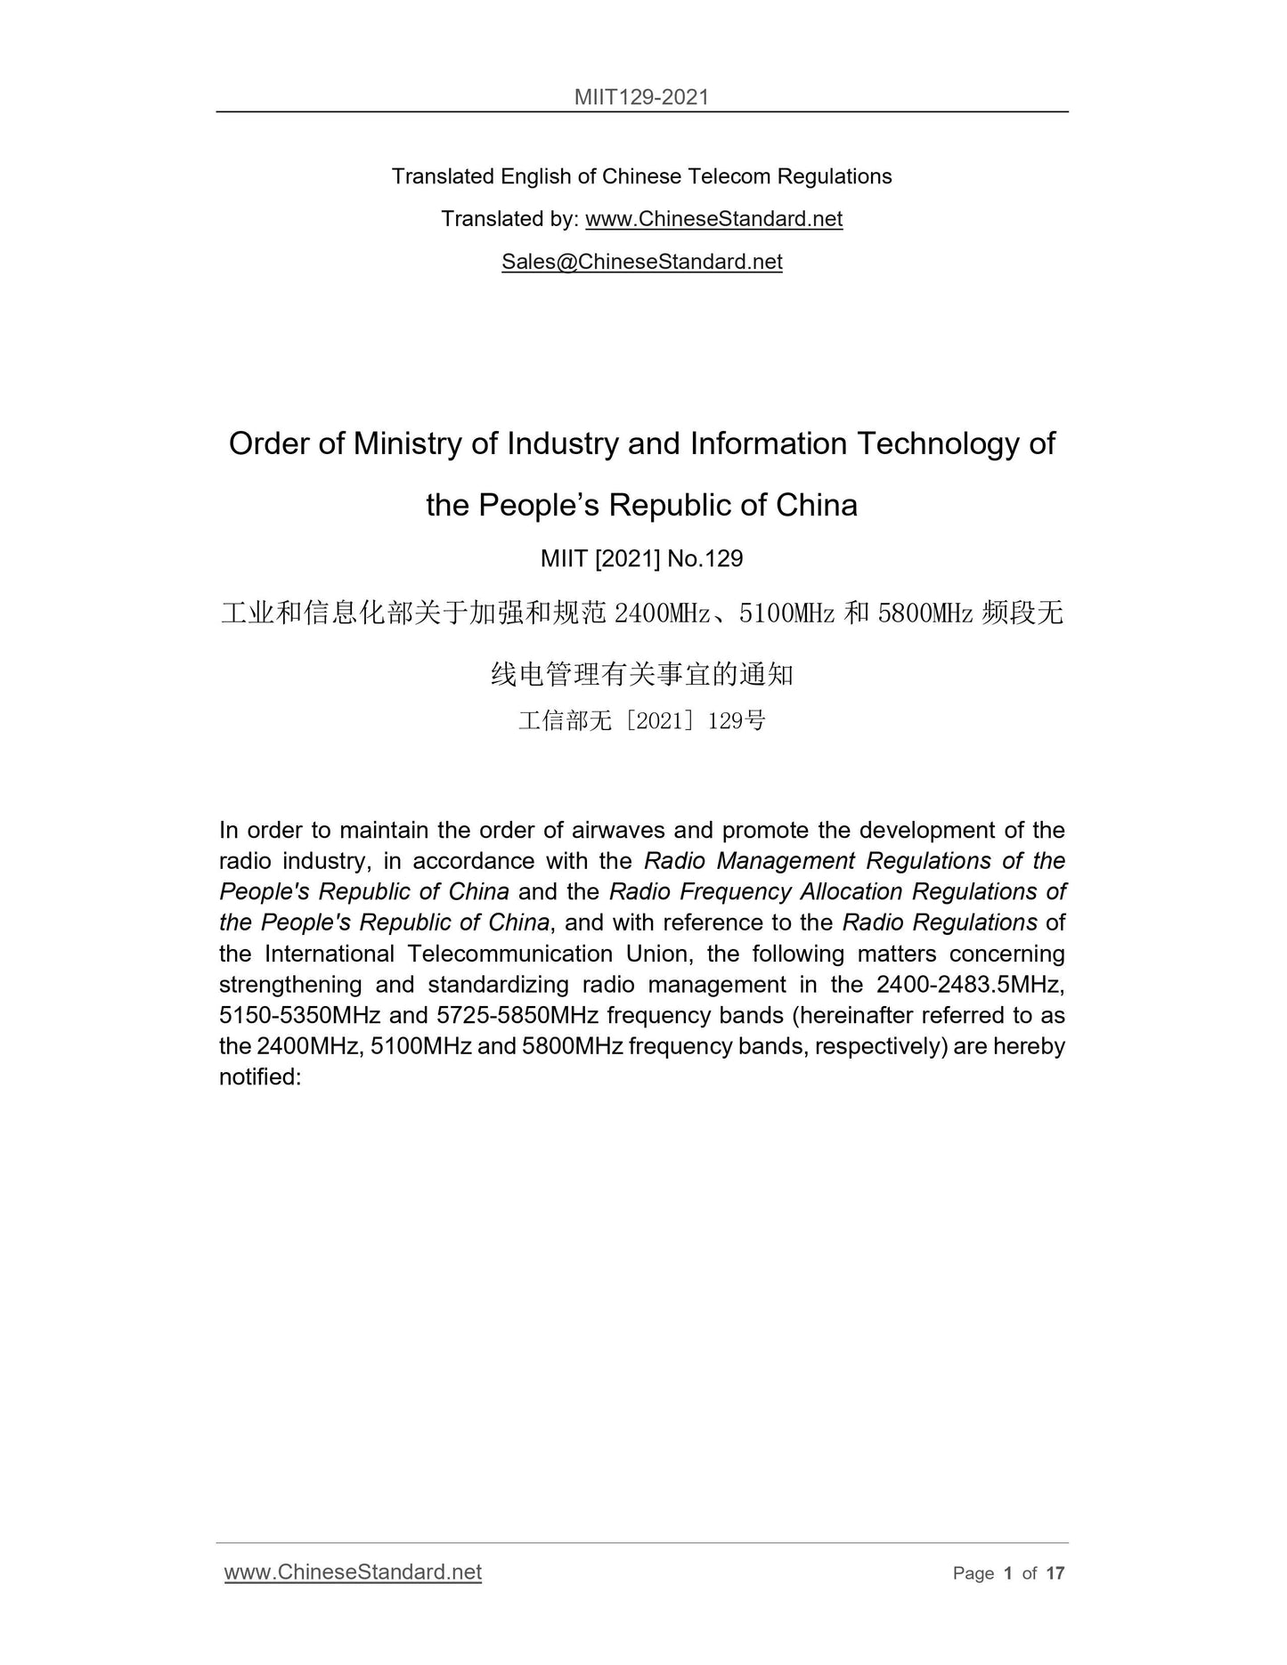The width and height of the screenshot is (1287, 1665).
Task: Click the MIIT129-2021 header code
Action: tap(641, 96)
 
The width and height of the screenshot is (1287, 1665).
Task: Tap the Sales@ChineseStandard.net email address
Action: tap(641, 261)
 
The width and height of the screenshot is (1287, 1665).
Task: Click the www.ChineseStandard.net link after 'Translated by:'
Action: tap(713, 219)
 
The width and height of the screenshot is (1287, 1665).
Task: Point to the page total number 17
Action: tap(1055, 1573)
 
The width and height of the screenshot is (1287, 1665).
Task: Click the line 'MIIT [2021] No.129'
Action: tap(641, 558)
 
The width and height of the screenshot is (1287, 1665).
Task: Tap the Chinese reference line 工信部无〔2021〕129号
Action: tap(641, 720)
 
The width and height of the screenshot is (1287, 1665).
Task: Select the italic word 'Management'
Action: tap(786, 861)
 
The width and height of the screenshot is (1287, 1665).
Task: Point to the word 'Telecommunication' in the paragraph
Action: tap(509, 954)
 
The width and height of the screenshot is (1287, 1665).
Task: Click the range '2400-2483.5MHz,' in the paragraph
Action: tap(971, 985)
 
